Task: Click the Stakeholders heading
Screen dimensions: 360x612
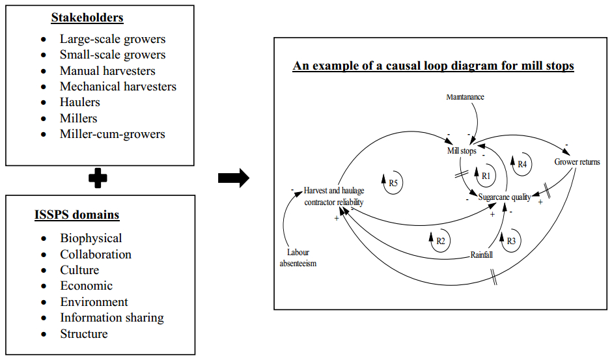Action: tap(87, 18)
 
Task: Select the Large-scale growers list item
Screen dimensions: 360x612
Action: tap(113, 39)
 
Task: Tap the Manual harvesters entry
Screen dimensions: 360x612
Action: tap(107, 70)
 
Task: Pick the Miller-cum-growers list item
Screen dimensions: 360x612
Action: tap(113, 134)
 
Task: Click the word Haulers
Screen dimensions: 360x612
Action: tap(80, 102)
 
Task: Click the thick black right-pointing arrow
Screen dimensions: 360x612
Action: tap(233, 178)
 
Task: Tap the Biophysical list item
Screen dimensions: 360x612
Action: tap(91, 238)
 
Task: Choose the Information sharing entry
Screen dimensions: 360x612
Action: tap(112, 318)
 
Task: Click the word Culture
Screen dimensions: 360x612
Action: tap(79, 270)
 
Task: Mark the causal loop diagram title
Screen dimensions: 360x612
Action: tap(433, 66)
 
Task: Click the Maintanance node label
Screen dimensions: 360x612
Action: tap(465, 97)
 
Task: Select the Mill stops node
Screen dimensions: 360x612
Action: tap(462, 151)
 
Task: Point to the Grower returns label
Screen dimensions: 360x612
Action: tap(577, 161)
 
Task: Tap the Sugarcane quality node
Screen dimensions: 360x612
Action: tap(505, 197)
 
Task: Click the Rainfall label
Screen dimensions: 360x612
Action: tap(481, 255)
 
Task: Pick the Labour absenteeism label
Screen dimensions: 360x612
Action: tap(298, 258)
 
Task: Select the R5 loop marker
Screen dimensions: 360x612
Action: tap(393, 184)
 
